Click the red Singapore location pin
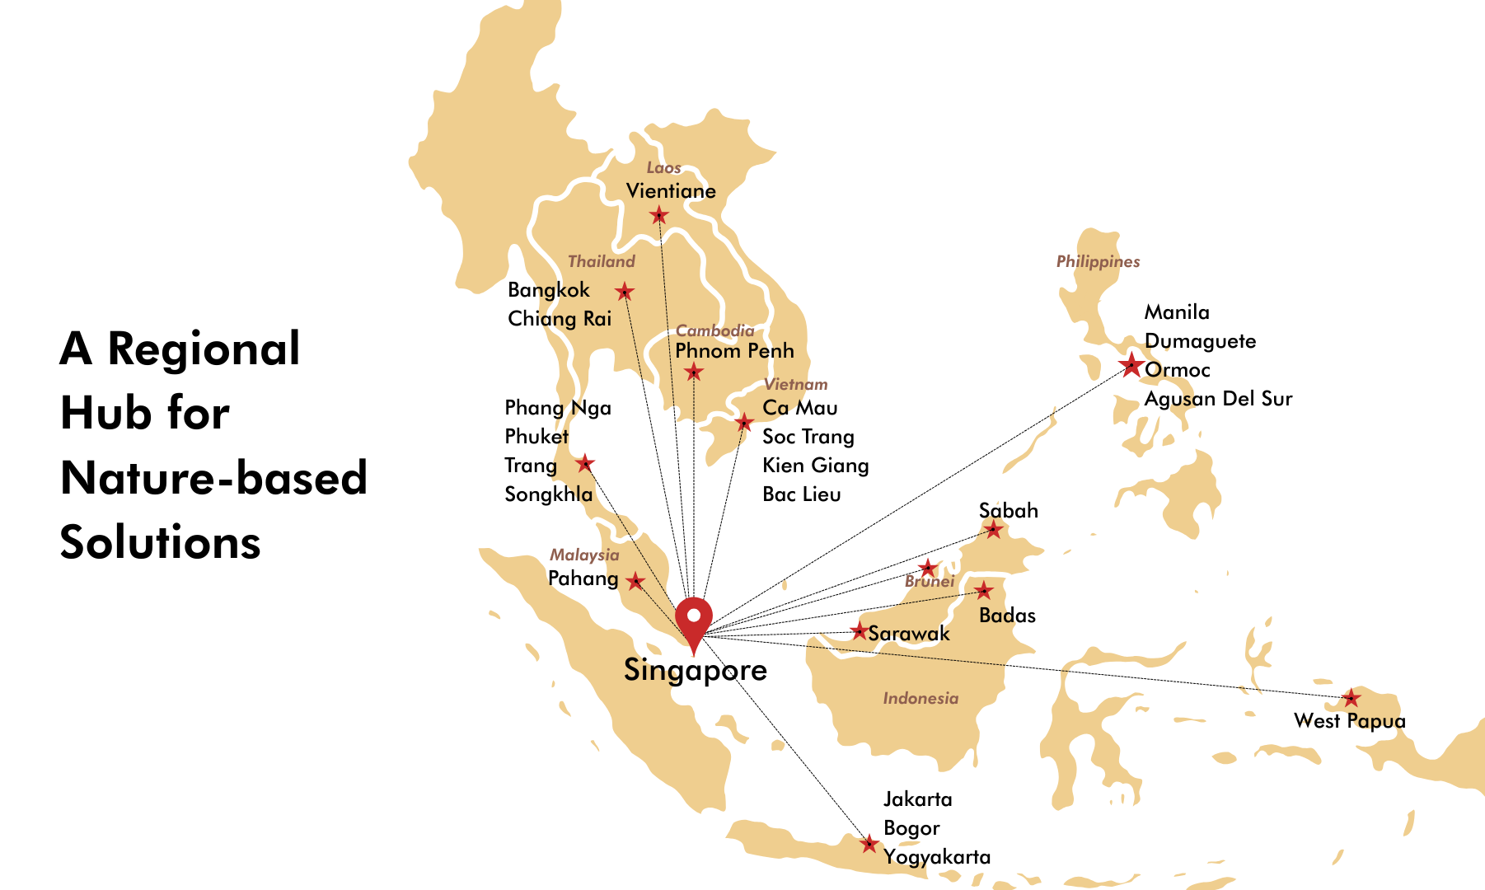pyautogui.click(x=693, y=620)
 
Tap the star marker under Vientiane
pyautogui.click(x=658, y=216)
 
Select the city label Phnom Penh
pyautogui.click(x=734, y=351)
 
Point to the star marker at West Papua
pyautogui.click(x=1351, y=699)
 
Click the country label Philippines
pyautogui.click(x=1098, y=262)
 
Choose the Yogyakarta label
pyautogui.click(x=937, y=857)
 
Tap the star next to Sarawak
pyautogui.click(x=859, y=632)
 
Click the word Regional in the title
pyautogui.click(x=204, y=349)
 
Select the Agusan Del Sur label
pyautogui.click(x=1218, y=399)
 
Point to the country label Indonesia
pyautogui.click(x=921, y=699)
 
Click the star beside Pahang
pyautogui.click(x=635, y=582)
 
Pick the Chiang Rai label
pyautogui.click(x=560, y=319)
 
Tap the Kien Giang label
pyautogui.click(x=815, y=466)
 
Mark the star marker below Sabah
pyautogui.click(x=994, y=529)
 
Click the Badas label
pyautogui.click(x=1007, y=616)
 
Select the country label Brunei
pyautogui.click(x=930, y=582)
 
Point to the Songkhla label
pyautogui.click(x=548, y=494)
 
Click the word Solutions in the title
pyautogui.click(x=160, y=543)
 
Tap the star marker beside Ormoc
pyautogui.click(x=1131, y=364)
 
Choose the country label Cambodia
pyautogui.click(x=714, y=331)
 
